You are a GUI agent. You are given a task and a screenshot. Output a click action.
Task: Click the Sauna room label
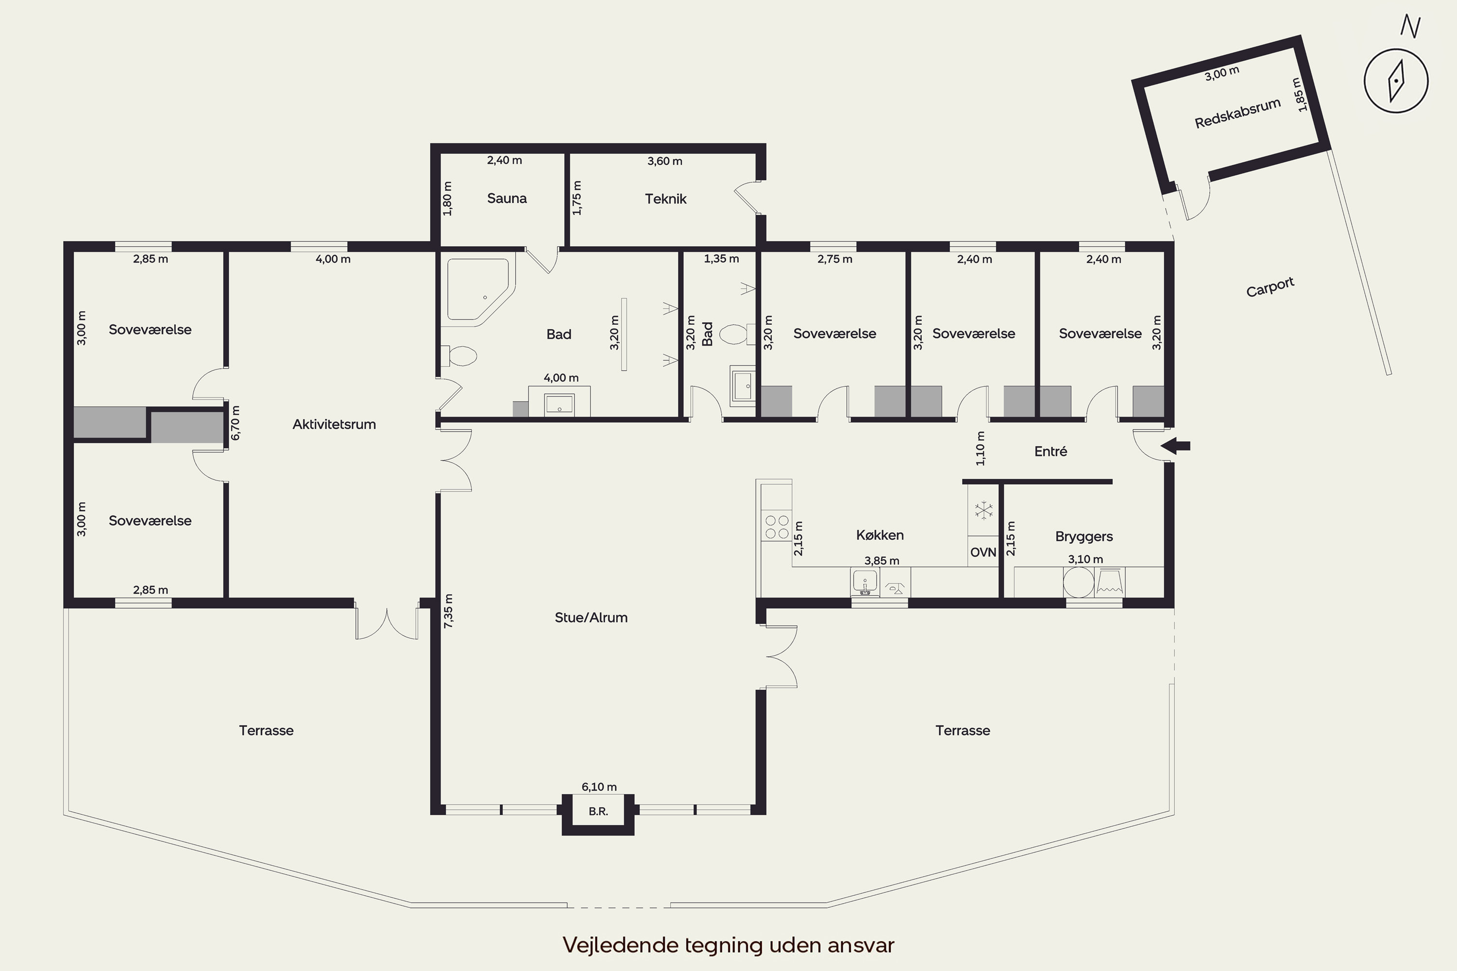click(507, 199)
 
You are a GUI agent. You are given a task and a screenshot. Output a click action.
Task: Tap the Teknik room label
click(665, 199)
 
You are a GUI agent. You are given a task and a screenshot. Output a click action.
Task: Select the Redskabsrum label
click(1237, 113)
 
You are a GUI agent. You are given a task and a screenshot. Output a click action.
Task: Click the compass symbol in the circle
click(1396, 81)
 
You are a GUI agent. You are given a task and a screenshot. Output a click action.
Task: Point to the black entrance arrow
click(1175, 446)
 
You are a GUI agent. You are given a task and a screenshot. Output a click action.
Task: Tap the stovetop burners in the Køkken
click(777, 527)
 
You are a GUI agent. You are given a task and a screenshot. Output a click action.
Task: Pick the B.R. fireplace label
click(598, 811)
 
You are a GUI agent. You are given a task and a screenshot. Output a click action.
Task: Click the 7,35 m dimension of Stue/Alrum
click(448, 611)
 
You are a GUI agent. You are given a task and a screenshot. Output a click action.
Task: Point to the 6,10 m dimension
click(599, 787)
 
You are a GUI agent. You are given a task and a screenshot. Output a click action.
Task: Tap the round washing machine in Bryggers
click(1079, 582)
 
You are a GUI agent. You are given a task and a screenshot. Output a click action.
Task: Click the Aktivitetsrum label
click(334, 424)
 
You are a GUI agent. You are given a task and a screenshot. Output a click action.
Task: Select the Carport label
click(1270, 287)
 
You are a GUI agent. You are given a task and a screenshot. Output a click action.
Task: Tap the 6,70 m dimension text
click(236, 423)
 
